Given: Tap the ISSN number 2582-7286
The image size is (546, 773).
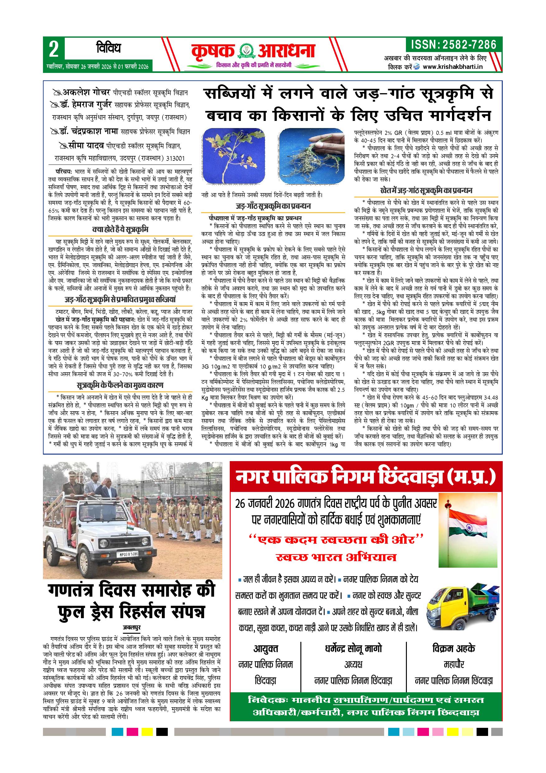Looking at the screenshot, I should pyautogui.click(x=454, y=45).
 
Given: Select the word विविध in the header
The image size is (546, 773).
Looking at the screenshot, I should pyautogui.click(x=108, y=49).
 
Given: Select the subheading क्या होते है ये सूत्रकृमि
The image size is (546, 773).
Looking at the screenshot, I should pyautogui.click(x=120, y=230).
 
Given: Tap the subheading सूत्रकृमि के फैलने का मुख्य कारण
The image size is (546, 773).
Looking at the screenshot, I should pyautogui.click(x=120, y=385).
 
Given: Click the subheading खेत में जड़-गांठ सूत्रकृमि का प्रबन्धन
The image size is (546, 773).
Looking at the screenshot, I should pyautogui.click(x=426, y=191).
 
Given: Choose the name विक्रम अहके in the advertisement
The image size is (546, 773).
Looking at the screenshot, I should pyautogui.click(x=454, y=648).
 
